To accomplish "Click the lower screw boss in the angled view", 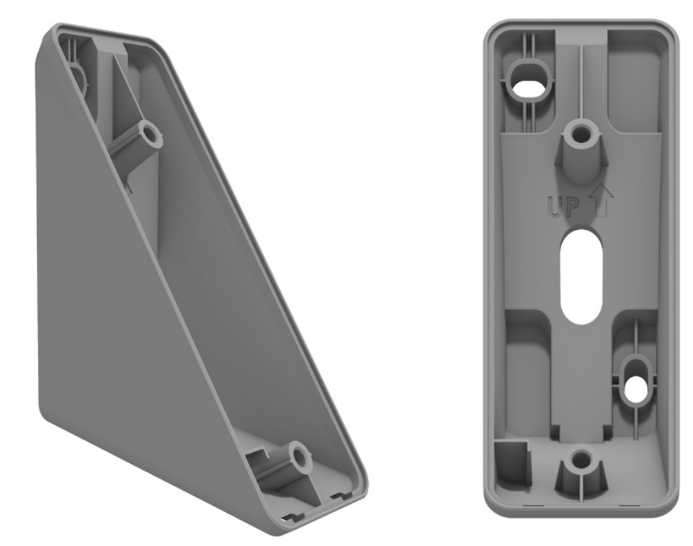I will coord(299,454).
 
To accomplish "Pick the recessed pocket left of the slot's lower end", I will coord(529,366).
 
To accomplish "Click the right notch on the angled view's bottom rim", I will coord(339,495).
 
